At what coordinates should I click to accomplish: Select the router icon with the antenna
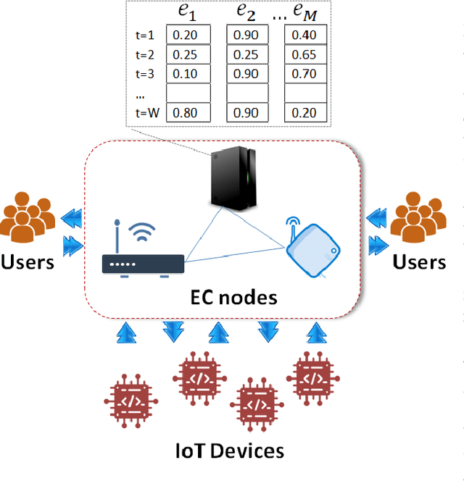tap(143, 254)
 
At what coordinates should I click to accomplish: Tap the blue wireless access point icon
tap(311, 247)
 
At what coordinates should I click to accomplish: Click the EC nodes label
tap(233, 297)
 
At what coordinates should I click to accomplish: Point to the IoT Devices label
tap(231, 451)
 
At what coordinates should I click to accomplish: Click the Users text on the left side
tap(28, 262)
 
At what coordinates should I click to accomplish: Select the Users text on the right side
tap(418, 262)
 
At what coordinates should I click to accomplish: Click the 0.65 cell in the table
tap(305, 54)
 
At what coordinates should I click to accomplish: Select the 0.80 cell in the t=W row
tap(188, 112)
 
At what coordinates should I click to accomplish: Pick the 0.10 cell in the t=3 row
tap(188, 73)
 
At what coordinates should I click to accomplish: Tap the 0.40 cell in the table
tap(305, 35)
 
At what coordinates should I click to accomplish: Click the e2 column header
tap(248, 12)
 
